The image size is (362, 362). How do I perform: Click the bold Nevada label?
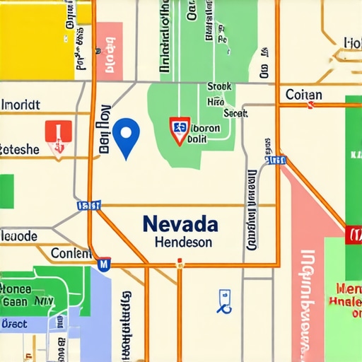click(180, 223)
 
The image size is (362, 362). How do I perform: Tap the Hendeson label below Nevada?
click(182, 242)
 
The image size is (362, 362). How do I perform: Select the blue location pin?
click(126, 135)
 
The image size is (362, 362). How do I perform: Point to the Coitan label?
click(303, 95)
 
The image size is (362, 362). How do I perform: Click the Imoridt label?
click(21, 105)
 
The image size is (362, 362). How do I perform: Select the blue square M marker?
click(103, 264)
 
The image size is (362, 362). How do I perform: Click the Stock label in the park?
click(219, 87)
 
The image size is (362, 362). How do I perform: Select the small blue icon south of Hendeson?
click(224, 300)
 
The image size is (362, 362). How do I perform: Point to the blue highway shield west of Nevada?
click(88, 206)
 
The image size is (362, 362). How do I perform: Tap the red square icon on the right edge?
click(354, 233)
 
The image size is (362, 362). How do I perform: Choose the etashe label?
click(20, 149)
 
